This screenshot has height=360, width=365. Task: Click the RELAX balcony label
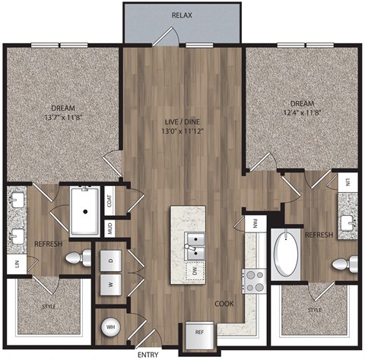tap(181, 15)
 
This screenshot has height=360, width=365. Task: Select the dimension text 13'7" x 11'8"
tap(63, 118)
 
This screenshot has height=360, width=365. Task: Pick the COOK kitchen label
tap(223, 303)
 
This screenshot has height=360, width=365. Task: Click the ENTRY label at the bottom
tap(148, 354)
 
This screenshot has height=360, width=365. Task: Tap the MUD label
tap(110, 226)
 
